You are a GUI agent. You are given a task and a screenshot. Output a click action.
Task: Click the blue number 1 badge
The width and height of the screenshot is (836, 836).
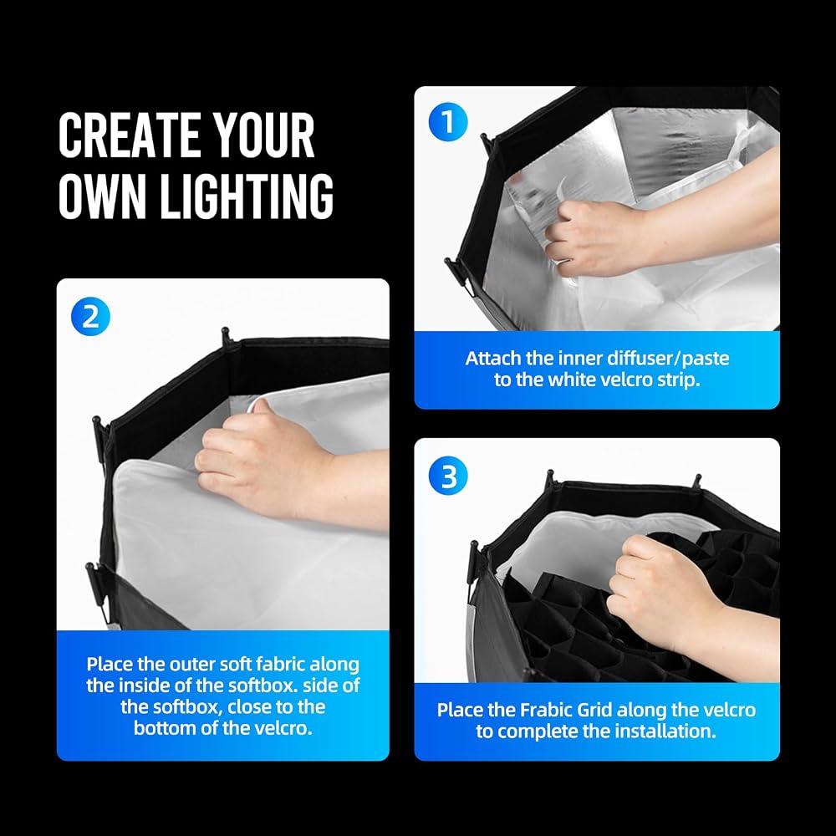(448, 121)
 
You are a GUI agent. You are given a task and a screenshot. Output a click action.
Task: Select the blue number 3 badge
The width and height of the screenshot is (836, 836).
(448, 475)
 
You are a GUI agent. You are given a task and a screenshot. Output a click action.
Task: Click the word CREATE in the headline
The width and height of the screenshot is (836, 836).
(127, 135)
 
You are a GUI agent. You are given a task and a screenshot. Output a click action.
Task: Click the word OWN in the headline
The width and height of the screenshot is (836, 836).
(102, 196)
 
